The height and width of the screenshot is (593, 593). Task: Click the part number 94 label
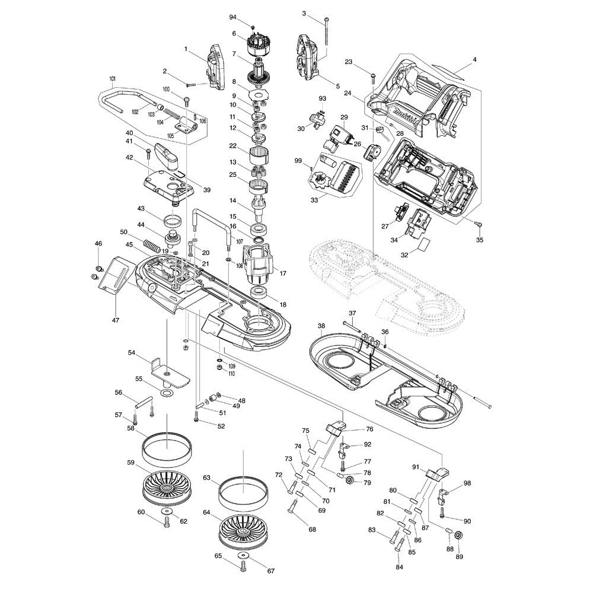point(233,18)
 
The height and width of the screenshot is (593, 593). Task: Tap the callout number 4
point(474,60)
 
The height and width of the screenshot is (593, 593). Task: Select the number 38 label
point(321,326)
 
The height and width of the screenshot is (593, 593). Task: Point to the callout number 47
point(115,320)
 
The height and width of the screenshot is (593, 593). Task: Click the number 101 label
point(112,79)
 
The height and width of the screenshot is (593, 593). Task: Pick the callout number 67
point(270,571)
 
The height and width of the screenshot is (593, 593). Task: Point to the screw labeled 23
point(372,76)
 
